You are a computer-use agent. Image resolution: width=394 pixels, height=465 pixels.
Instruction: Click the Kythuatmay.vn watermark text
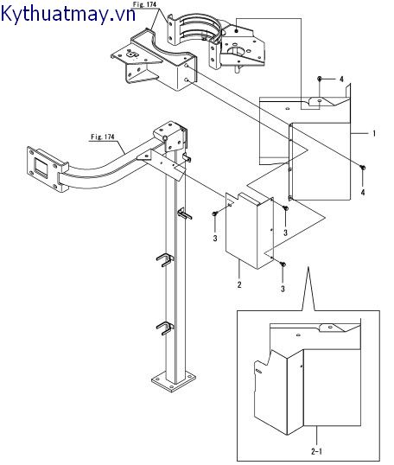(68, 13)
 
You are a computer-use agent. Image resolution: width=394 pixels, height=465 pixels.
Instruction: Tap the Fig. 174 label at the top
(144, 4)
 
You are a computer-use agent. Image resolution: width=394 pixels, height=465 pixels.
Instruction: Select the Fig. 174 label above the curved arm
(103, 137)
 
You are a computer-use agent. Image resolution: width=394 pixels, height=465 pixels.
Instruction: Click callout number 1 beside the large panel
(374, 133)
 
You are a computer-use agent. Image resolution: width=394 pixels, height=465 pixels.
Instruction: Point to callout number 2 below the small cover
(239, 284)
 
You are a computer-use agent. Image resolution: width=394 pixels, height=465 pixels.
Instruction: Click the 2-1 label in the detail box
(316, 452)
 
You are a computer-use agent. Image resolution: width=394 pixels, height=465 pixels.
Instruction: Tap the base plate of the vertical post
(174, 380)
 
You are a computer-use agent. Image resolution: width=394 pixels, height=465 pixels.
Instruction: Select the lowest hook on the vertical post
(164, 328)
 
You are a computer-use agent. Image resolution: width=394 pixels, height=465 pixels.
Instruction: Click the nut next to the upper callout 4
(320, 79)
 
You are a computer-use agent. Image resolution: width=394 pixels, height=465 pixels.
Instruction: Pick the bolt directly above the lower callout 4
(362, 168)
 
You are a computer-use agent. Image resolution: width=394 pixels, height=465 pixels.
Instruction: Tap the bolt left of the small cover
(215, 213)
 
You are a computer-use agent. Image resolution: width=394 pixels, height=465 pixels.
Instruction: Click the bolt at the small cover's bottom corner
(283, 264)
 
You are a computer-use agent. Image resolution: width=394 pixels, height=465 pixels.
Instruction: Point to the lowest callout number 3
(283, 289)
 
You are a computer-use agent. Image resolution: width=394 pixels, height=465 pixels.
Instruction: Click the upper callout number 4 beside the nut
(341, 80)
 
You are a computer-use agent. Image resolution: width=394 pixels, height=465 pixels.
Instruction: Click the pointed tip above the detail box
(308, 267)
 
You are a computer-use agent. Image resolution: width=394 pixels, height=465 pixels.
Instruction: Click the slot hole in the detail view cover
(258, 371)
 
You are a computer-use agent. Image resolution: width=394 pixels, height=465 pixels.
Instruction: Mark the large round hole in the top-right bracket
(236, 51)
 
